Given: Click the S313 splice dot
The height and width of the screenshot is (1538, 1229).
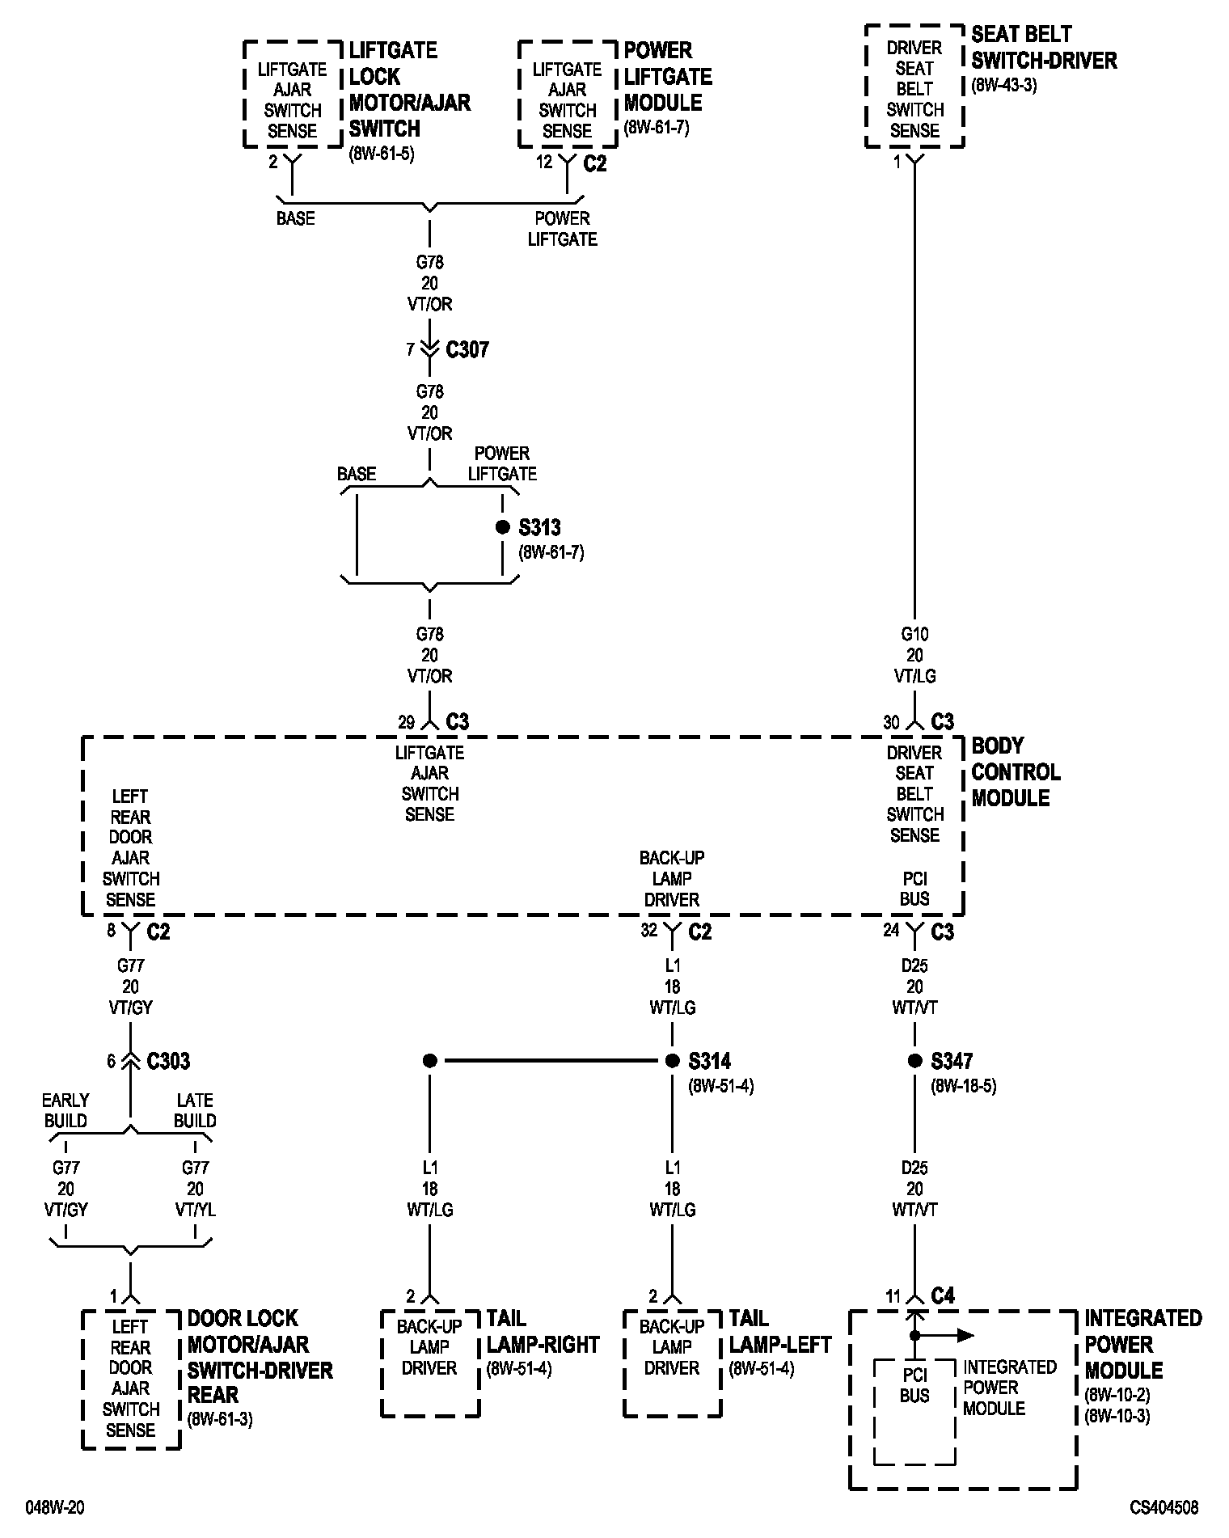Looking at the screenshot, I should [x=502, y=527].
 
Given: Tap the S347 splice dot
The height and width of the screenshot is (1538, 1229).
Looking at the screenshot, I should [x=914, y=1060].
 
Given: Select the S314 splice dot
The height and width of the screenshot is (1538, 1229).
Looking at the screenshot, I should [x=672, y=1060].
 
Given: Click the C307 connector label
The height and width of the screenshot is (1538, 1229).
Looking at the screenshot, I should [x=467, y=350].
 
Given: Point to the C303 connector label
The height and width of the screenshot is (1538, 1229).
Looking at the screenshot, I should [x=168, y=1061].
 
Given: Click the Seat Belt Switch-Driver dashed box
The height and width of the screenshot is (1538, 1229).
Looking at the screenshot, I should [x=914, y=86].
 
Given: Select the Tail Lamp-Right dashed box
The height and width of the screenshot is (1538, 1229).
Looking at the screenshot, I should [x=429, y=1363].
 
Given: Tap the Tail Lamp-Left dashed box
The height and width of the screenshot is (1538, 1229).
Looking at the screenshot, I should [x=672, y=1363].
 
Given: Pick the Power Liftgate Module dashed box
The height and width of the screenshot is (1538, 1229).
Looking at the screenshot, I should [x=567, y=94].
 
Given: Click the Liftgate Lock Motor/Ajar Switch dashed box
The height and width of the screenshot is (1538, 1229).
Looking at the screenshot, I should [x=292, y=94].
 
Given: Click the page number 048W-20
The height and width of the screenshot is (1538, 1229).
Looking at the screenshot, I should [x=55, y=1507].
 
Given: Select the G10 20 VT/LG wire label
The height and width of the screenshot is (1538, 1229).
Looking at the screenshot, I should [x=914, y=655].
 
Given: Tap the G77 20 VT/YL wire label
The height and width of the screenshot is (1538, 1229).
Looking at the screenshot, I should [x=195, y=1189].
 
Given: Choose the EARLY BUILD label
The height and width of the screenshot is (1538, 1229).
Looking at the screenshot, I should [x=65, y=1110].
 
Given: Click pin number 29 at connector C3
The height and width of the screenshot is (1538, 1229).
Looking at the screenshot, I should [x=406, y=722].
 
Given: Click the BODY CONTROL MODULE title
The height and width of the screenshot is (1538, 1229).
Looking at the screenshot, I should [x=1015, y=771].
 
